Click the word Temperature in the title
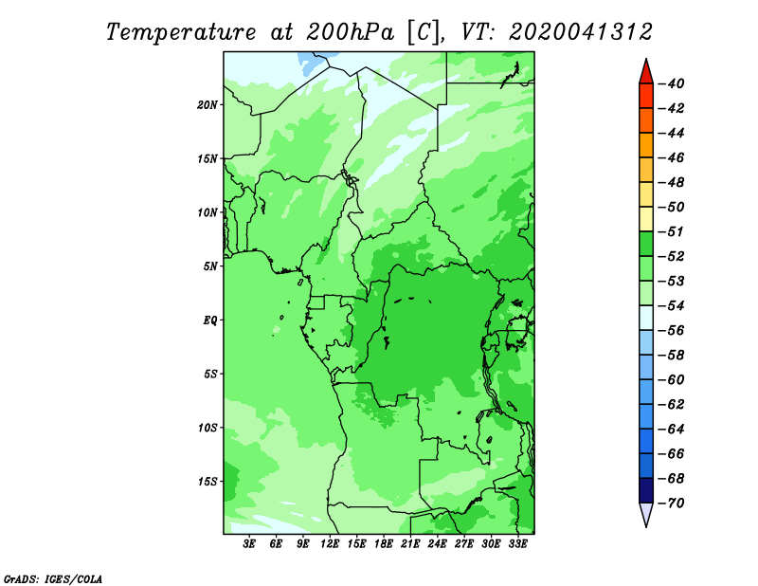[x=181, y=32]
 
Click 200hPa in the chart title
[x=351, y=32]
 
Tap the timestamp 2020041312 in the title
[x=581, y=32]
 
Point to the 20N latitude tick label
[x=207, y=105]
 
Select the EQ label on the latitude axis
[x=209, y=320]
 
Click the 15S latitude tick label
[x=207, y=482]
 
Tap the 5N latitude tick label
[x=209, y=266]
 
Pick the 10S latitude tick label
[x=207, y=428]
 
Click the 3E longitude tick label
[x=249, y=543]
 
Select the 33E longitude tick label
[x=517, y=543]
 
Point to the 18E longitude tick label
[x=384, y=543]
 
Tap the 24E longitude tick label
[x=437, y=543]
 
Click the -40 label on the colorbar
[x=672, y=83]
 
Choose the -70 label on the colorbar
[x=672, y=504]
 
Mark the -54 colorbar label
[x=672, y=306]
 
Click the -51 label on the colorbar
[x=672, y=231]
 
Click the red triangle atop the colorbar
[x=646, y=74]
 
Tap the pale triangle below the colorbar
[x=646, y=513]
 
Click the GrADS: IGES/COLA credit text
[x=53, y=578]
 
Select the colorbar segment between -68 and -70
[x=646, y=490]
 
